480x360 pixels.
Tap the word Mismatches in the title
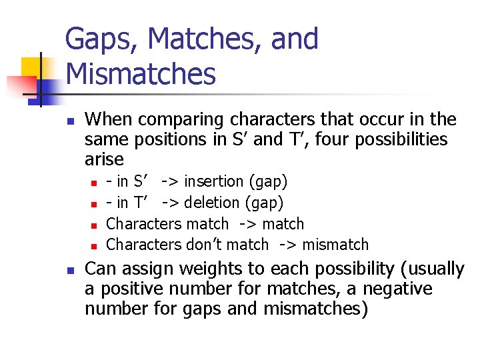[x=141, y=74]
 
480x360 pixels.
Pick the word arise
[x=105, y=159]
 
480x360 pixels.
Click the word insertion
[x=214, y=181]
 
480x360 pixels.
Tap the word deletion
[x=214, y=203]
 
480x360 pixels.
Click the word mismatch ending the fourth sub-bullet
[x=335, y=245]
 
